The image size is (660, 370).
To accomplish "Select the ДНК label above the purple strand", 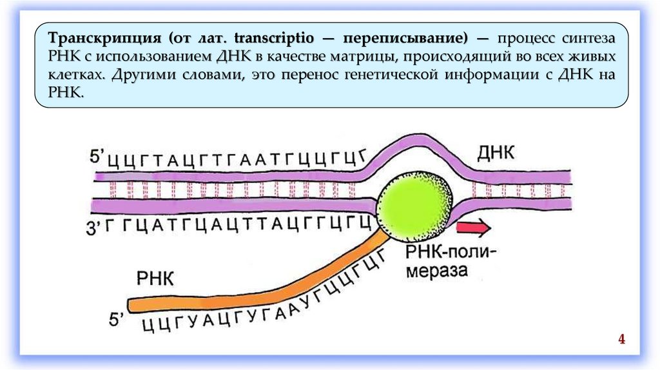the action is coord(497,153).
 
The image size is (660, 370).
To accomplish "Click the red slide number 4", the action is coord(622,339).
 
